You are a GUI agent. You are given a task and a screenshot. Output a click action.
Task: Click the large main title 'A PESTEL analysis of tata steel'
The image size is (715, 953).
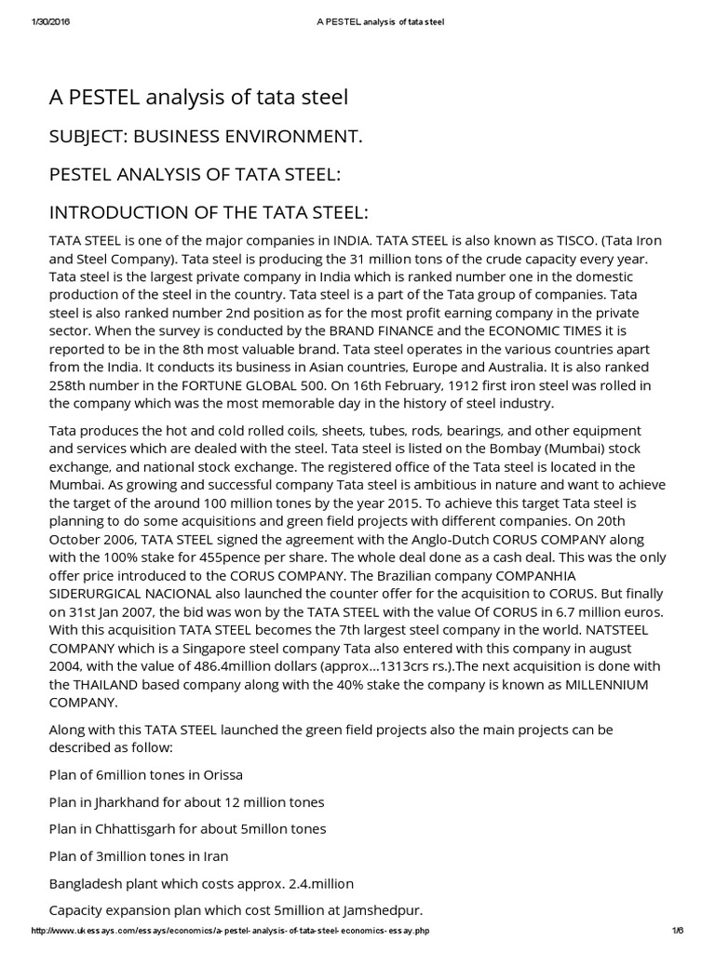coord(198,97)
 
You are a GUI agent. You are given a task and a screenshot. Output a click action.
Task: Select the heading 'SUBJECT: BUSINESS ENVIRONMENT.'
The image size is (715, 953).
coord(205,136)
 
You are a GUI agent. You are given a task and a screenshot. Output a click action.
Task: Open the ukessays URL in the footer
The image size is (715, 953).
coord(231,932)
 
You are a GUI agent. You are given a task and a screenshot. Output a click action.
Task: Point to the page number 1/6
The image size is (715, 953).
coord(676,932)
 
